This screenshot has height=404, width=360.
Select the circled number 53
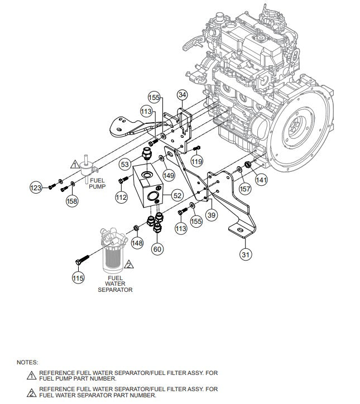click(x=126, y=163)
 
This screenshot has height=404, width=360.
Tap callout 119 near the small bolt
click(x=196, y=161)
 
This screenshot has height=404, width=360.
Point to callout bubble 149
click(x=169, y=175)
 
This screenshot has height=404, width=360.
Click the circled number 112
click(x=122, y=196)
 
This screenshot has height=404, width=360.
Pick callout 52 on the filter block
click(x=177, y=195)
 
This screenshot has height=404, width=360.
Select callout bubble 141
click(x=262, y=180)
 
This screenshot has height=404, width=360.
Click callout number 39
click(x=212, y=215)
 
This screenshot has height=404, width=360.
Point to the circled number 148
click(x=137, y=243)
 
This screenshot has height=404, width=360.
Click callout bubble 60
click(x=157, y=249)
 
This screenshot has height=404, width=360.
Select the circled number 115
click(x=78, y=278)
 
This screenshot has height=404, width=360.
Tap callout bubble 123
click(x=36, y=189)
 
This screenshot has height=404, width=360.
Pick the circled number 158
click(x=72, y=201)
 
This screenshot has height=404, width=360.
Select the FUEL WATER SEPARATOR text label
click(x=115, y=283)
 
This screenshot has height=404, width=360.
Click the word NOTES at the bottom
click(x=27, y=362)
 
